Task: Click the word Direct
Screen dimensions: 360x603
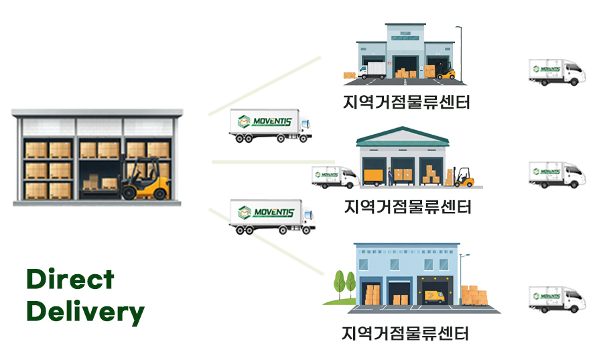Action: coord(70,279)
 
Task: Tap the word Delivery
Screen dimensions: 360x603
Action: coord(85,312)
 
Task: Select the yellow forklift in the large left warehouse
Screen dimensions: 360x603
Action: coord(144,180)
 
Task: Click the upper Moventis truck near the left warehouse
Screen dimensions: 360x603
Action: coord(270,125)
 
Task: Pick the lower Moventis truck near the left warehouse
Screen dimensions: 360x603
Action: coord(271,217)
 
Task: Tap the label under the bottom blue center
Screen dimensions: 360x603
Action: coord(405,333)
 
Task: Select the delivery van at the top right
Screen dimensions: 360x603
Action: coord(557,72)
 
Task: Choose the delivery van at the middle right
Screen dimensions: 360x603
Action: coord(557,174)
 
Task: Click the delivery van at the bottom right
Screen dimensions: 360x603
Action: coord(557,298)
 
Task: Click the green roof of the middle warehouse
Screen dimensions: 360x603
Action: coord(402,137)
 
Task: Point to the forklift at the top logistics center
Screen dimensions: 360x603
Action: coord(446,70)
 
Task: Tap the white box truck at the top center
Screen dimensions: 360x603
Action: coord(373,70)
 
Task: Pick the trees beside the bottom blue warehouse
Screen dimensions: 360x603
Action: coord(344,284)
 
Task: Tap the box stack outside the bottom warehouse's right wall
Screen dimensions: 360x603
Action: coord(474,296)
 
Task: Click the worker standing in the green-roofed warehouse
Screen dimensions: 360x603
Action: coord(389,177)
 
